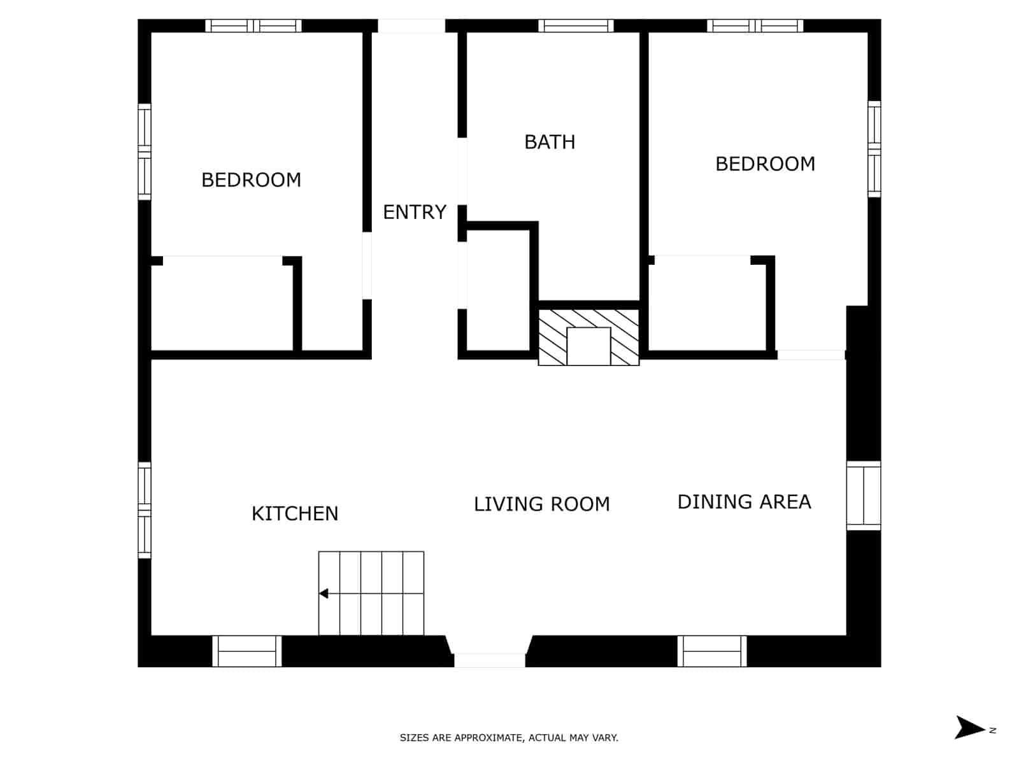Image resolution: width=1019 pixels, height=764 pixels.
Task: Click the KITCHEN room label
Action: pos(294,513)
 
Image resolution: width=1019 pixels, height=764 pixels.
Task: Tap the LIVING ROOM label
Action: pos(541,504)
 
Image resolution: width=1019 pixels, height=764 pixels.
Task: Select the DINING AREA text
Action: pos(744,502)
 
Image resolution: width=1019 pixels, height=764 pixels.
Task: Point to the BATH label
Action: pos(550,141)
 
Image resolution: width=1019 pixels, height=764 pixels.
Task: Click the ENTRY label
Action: pos(415,212)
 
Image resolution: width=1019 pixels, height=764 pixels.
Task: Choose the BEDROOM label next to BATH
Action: pos(765,164)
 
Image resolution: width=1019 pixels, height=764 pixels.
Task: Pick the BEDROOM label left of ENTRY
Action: pos(251,180)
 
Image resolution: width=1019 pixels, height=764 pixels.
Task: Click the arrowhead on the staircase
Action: pos(324,593)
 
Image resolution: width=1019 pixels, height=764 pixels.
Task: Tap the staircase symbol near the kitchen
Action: pos(371,593)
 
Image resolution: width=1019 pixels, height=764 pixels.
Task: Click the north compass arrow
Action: pos(969,727)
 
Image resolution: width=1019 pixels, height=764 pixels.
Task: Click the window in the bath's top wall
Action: pos(576,26)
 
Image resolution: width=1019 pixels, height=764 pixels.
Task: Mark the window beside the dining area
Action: pos(864,496)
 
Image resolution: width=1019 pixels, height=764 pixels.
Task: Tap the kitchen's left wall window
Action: pos(145,510)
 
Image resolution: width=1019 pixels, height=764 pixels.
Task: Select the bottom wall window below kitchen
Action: pos(247,651)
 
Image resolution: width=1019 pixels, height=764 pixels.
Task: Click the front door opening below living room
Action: pos(490,660)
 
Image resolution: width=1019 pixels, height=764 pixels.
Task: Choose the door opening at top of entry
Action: pos(411,26)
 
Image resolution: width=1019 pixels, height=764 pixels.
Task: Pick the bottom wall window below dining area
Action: pos(712,651)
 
